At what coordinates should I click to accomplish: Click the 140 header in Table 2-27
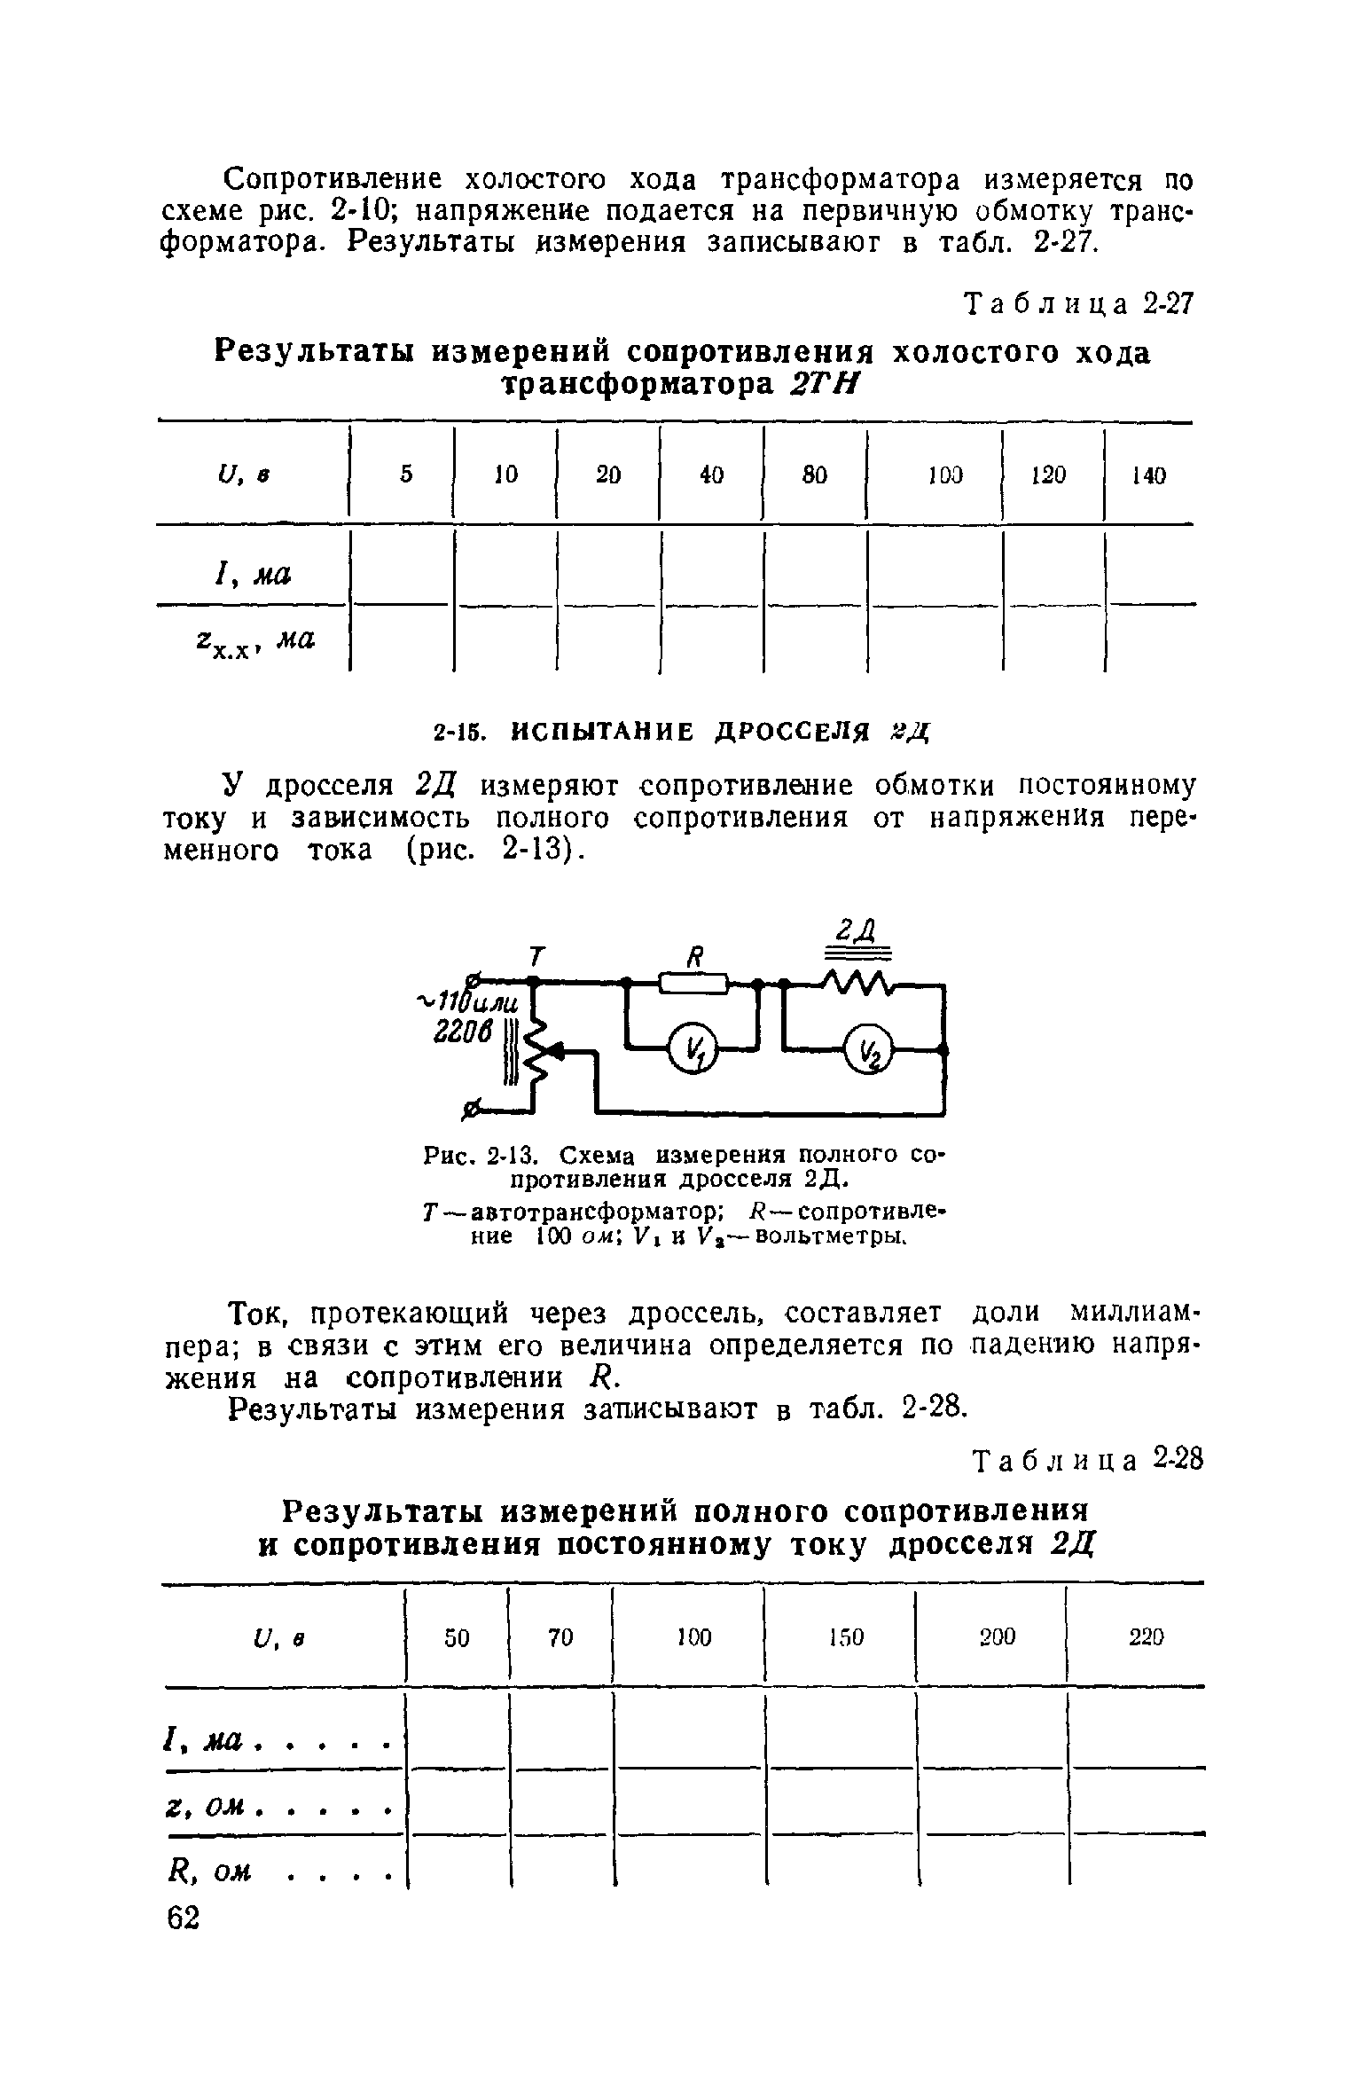[x=1149, y=476]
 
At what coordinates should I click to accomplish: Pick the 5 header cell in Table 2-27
[x=405, y=475]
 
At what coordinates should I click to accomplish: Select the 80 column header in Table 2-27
[x=814, y=475]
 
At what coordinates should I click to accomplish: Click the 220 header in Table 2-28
[x=1146, y=1637]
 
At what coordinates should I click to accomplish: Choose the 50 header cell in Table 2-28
[x=457, y=1637]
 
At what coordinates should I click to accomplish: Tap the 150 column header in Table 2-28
[x=846, y=1637]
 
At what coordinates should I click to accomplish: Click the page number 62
[x=184, y=1917]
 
